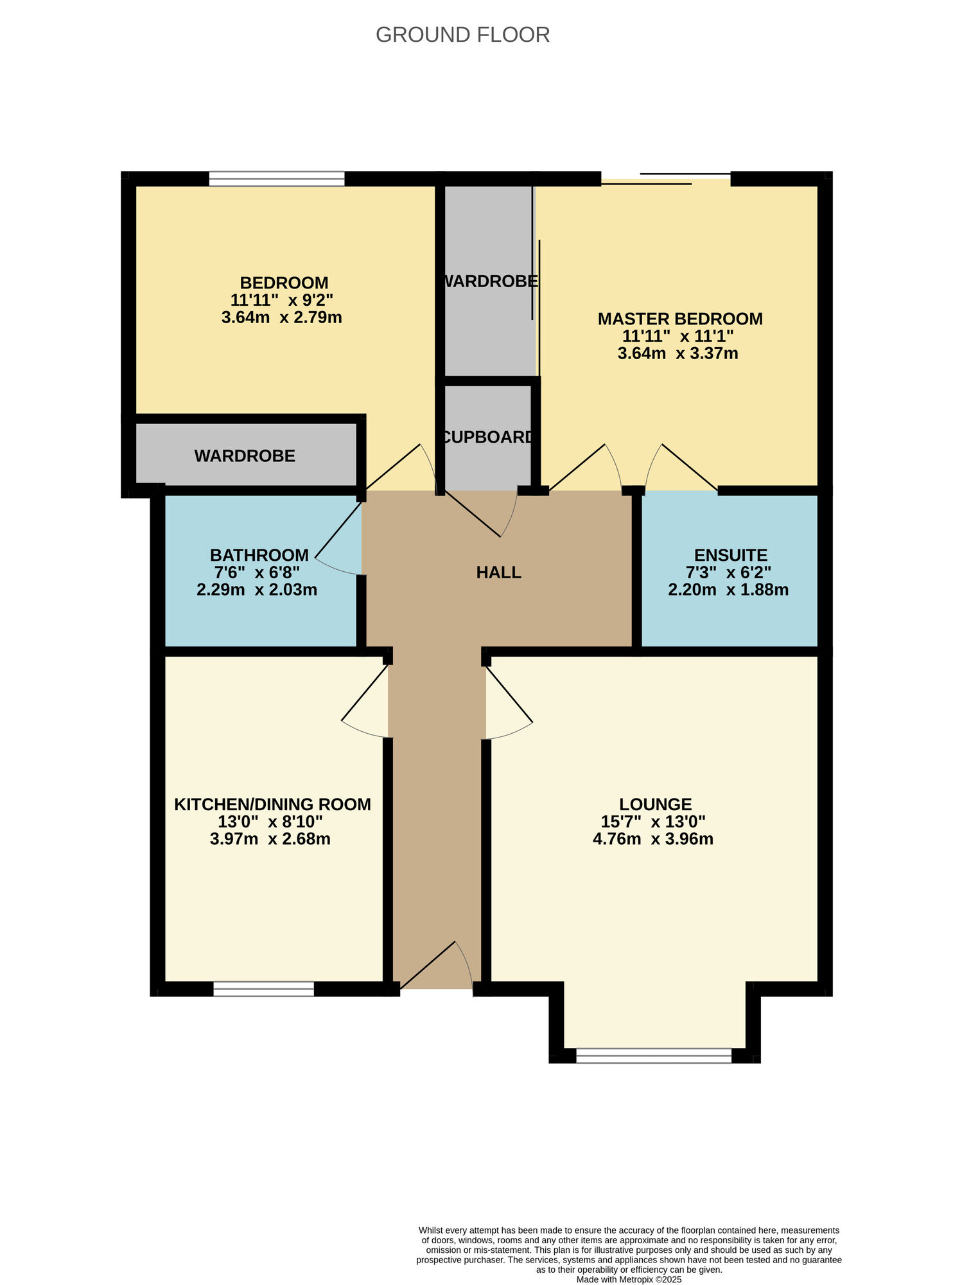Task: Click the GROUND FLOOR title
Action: click(x=462, y=35)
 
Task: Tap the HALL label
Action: click(x=498, y=572)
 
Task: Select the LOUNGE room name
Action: click(x=655, y=804)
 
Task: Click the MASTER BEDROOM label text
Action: click(x=679, y=319)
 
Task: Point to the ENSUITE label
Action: click(x=730, y=555)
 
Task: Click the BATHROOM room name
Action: click(x=259, y=555)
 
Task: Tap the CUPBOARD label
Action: click(x=488, y=437)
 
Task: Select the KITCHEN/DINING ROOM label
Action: click(x=272, y=804)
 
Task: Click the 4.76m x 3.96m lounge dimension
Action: click(x=652, y=839)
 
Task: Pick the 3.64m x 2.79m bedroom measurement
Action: click(x=281, y=317)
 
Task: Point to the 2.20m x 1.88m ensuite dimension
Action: click(x=728, y=590)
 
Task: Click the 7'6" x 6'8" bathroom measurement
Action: click(x=257, y=572)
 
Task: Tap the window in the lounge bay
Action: click(x=654, y=1055)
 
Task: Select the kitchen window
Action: click(x=263, y=989)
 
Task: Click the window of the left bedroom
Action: click(x=277, y=179)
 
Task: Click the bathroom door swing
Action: click(x=338, y=541)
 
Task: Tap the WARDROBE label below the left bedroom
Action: click(x=245, y=456)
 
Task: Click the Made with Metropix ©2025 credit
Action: click(x=628, y=1279)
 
